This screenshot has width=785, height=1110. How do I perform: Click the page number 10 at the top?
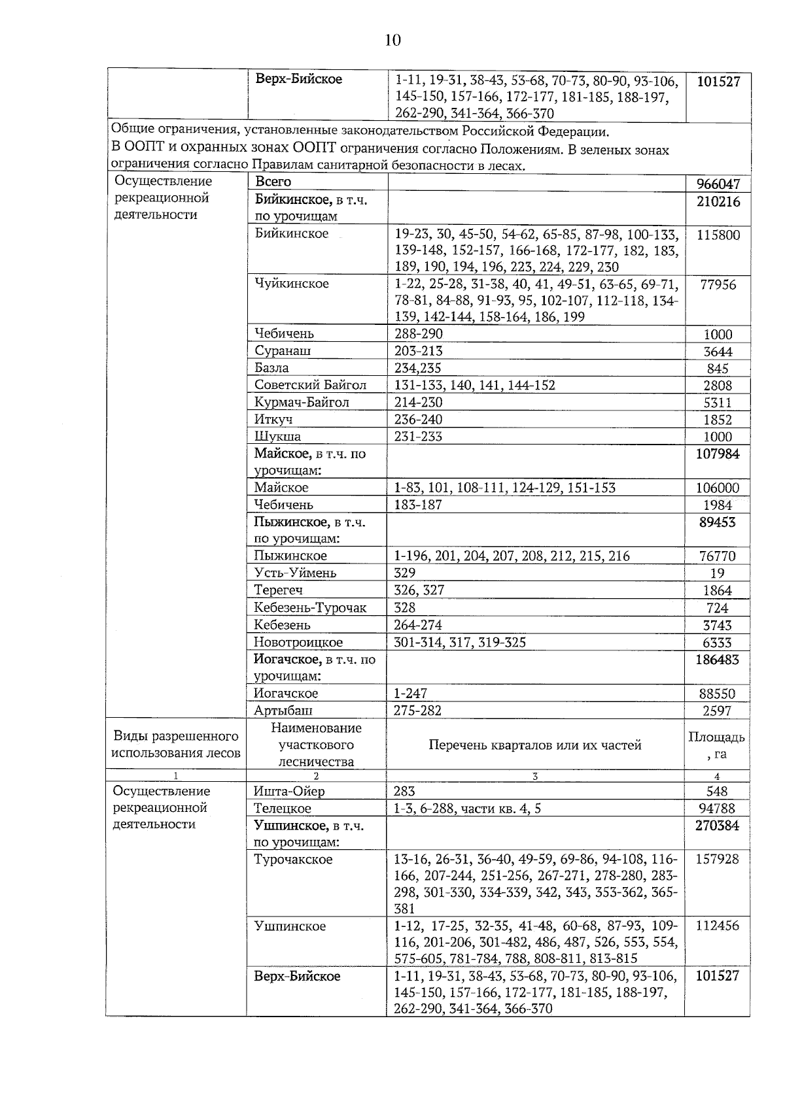pyautogui.click(x=392, y=41)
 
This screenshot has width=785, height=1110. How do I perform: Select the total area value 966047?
pyautogui.click(x=718, y=184)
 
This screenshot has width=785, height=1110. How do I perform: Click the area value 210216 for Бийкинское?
pyautogui.click(x=718, y=202)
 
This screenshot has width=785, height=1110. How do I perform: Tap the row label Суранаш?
pyautogui.click(x=283, y=351)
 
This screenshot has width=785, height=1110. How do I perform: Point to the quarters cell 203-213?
pyautogui.click(x=418, y=351)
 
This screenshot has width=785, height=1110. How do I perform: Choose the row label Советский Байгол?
pyautogui.click(x=310, y=385)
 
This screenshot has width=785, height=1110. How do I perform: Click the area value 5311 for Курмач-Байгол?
pyautogui.click(x=718, y=403)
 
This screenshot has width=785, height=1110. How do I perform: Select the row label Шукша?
pyautogui.click(x=277, y=437)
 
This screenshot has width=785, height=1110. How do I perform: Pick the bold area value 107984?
pyautogui.click(x=718, y=454)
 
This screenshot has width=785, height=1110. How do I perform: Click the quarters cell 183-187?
pyautogui.click(x=418, y=505)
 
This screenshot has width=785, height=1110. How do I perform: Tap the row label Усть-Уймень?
pyautogui.click(x=295, y=573)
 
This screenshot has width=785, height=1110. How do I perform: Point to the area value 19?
pyautogui.click(x=718, y=573)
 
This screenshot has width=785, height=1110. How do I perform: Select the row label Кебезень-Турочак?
pyautogui.click(x=310, y=608)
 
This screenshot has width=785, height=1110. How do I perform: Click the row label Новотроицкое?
pyautogui.click(x=298, y=643)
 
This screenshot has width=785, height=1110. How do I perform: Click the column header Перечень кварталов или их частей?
pyautogui.click(x=534, y=745)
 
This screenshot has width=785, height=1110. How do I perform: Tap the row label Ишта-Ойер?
pyautogui.click(x=289, y=792)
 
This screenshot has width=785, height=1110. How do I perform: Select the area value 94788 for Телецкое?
pyautogui.click(x=718, y=809)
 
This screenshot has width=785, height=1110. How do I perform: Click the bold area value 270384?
pyautogui.click(x=718, y=826)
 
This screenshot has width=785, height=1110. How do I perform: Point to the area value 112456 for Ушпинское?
pyautogui.click(x=718, y=926)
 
